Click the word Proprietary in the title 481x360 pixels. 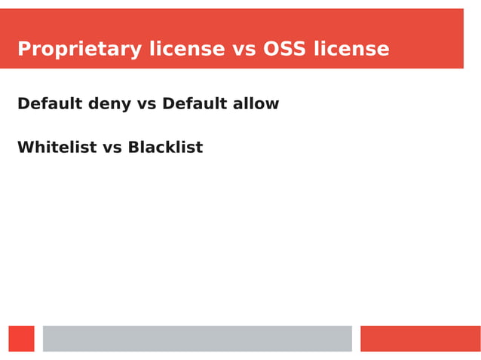pyautogui.click(x=80, y=50)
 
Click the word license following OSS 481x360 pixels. pyautogui.click(x=351, y=50)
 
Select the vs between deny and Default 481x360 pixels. pyautogui.click(x=147, y=104)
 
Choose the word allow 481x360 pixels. pyautogui.click(x=256, y=104)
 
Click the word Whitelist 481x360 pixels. pyautogui.click(x=57, y=148)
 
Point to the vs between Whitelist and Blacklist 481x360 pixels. pyautogui.click(x=112, y=148)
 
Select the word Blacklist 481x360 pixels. pyautogui.click(x=165, y=148)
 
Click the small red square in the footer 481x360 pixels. pyautogui.click(x=21, y=339)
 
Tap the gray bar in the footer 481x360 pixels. pyautogui.click(x=197, y=339)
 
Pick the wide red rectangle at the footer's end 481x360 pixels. pyautogui.click(x=420, y=339)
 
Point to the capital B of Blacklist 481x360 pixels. pyautogui.click(x=133, y=148)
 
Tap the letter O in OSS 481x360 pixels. pyautogui.click(x=271, y=50)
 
